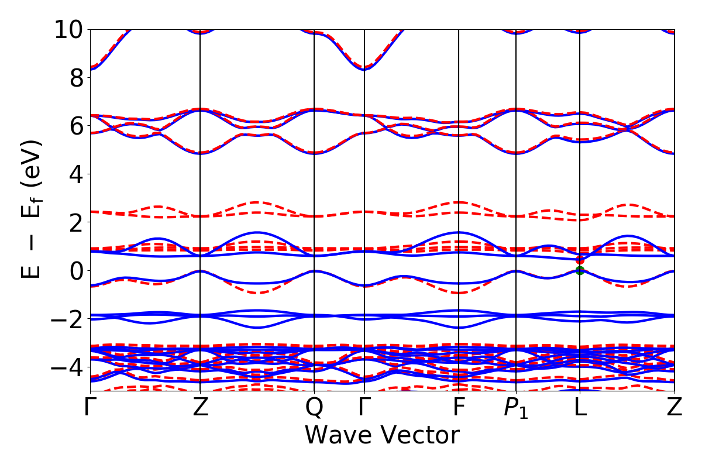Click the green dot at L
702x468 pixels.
tap(580, 270)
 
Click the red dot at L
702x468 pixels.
tap(580, 260)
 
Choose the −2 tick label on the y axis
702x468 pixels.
tap(67, 319)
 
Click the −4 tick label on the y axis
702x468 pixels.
tap(67, 367)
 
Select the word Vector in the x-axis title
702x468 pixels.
tap(421, 436)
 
